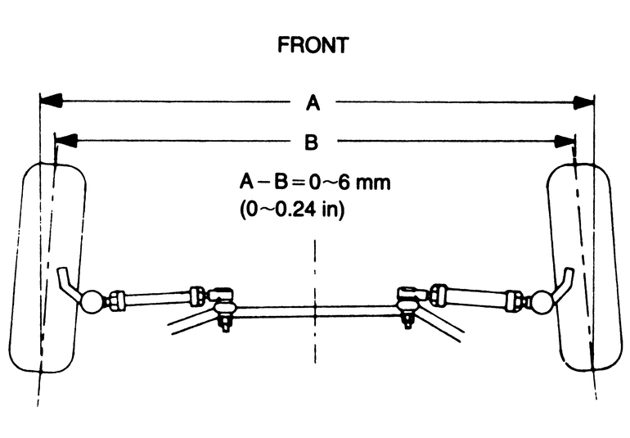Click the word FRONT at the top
coord(312,44)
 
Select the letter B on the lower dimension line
coord(312,142)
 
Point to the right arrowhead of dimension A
coord(583,102)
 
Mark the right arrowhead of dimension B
coord(564,142)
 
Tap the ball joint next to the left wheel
coord(92,300)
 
